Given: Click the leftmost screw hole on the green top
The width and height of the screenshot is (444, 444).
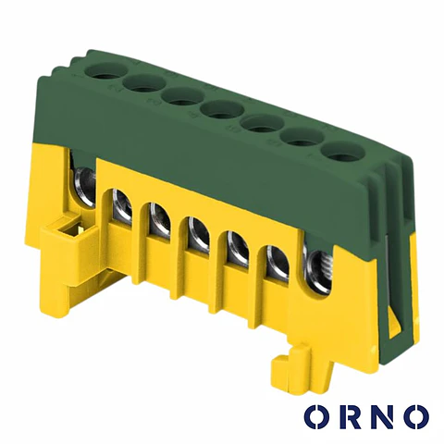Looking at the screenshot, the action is tap(105, 71).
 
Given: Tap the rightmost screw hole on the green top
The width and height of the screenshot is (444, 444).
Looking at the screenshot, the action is tap(343, 153).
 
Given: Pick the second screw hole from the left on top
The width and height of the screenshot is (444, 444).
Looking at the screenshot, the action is tap(144, 84).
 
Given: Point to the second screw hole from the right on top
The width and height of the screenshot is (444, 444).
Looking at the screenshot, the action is tap(303, 138).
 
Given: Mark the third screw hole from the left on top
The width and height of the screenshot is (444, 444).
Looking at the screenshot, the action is tap(183, 97).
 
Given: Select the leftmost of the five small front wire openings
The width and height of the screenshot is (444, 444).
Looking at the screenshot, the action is tap(121, 204).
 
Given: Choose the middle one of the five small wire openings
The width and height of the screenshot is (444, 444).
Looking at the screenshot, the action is tap(198, 235).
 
